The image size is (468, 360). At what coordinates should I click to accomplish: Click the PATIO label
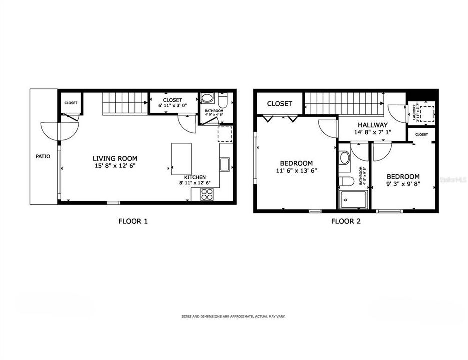click(43, 156)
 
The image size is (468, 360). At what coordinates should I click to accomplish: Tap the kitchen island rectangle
click(181, 158)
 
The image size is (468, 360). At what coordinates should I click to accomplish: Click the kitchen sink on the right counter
click(224, 164)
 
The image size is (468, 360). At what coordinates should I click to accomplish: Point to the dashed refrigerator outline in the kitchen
click(225, 134)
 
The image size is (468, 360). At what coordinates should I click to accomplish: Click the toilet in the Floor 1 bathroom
click(223, 101)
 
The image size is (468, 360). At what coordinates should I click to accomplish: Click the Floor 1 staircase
click(126, 103)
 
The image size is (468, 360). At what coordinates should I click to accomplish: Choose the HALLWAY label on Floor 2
click(372, 125)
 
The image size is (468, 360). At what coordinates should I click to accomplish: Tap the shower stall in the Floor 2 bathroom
click(353, 200)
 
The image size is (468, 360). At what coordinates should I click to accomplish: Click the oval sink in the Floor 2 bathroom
click(345, 158)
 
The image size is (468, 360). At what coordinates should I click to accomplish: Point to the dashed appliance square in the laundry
click(425, 112)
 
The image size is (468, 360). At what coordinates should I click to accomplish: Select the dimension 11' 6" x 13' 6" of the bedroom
click(296, 170)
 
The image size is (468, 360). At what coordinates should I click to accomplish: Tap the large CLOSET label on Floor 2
click(279, 104)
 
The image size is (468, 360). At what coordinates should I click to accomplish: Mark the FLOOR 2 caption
click(346, 221)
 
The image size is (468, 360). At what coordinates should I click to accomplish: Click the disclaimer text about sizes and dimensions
click(233, 316)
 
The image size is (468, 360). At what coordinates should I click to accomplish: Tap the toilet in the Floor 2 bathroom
click(345, 181)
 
